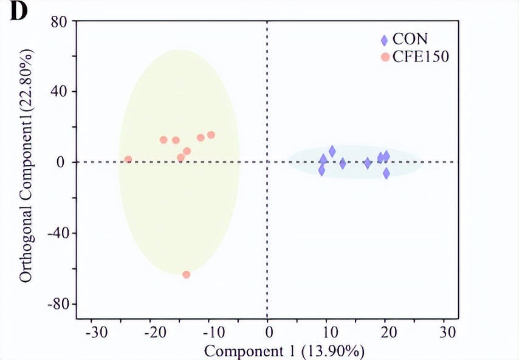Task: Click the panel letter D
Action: click(x=18, y=13)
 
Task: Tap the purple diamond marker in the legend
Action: click(x=384, y=41)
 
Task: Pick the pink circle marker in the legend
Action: click(x=384, y=57)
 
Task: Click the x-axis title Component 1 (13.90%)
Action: click(x=284, y=351)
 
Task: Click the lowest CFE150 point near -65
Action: click(x=187, y=275)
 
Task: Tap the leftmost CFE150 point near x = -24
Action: click(x=128, y=159)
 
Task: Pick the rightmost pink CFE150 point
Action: click(x=211, y=135)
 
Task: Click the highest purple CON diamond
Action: click(x=332, y=151)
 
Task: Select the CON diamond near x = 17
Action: click(x=367, y=163)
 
